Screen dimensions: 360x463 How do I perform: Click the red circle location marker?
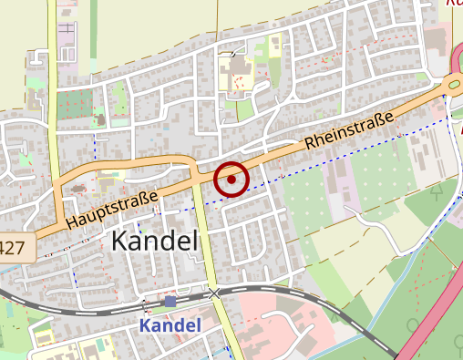tap(231, 180)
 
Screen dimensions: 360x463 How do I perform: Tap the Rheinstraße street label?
tap(350, 129)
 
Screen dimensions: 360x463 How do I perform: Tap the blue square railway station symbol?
tap(170, 301)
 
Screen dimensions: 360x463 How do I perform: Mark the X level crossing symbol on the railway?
tap(214, 293)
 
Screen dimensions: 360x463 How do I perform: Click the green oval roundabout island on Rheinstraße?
tap(453, 85)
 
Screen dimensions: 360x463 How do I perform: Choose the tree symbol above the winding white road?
tap(435, 191)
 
